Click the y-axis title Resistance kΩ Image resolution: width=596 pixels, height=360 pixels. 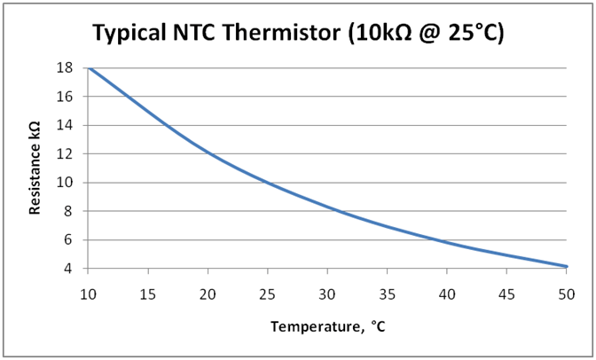(x=35, y=168)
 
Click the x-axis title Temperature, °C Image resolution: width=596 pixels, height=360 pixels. (x=328, y=326)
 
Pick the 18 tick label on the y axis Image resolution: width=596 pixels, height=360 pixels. (x=64, y=67)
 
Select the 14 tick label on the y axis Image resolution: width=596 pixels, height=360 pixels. (x=64, y=125)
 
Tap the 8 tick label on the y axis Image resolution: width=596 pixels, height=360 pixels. (x=68, y=211)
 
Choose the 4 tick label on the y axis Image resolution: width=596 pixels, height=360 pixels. (x=68, y=269)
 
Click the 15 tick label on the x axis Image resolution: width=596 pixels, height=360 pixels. (x=148, y=294)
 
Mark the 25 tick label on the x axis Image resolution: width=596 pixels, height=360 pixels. (x=268, y=294)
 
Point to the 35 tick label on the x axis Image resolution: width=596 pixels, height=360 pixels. (x=387, y=294)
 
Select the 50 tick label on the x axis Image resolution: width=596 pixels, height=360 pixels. (x=567, y=294)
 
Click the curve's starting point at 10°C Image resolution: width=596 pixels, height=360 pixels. (x=90, y=68)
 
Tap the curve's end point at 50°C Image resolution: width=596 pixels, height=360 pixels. (x=567, y=267)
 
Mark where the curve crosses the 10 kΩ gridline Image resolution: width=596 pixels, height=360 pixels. (x=268, y=183)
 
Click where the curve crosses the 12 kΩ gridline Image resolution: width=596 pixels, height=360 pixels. (x=208, y=153)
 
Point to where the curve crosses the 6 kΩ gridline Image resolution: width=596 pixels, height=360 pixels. (x=434, y=239)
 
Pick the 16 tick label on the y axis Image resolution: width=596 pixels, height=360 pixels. (x=64, y=96)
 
